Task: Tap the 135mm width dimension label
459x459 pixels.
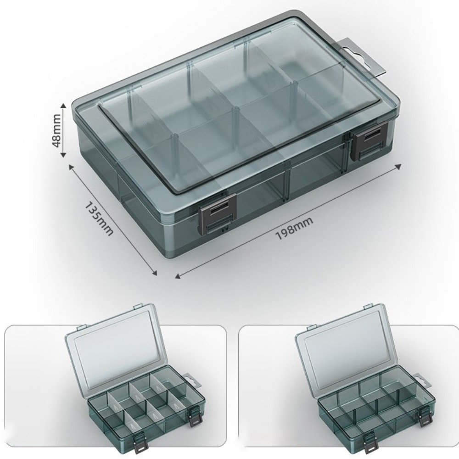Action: [x=99, y=219]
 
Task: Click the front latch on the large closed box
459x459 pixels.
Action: [x=218, y=214]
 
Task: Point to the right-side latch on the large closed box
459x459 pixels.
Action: [x=369, y=141]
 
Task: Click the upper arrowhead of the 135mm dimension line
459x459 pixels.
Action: [x=71, y=167]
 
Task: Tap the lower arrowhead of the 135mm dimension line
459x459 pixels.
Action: [x=155, y=273]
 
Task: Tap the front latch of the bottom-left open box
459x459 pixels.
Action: [x=139, y=442]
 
